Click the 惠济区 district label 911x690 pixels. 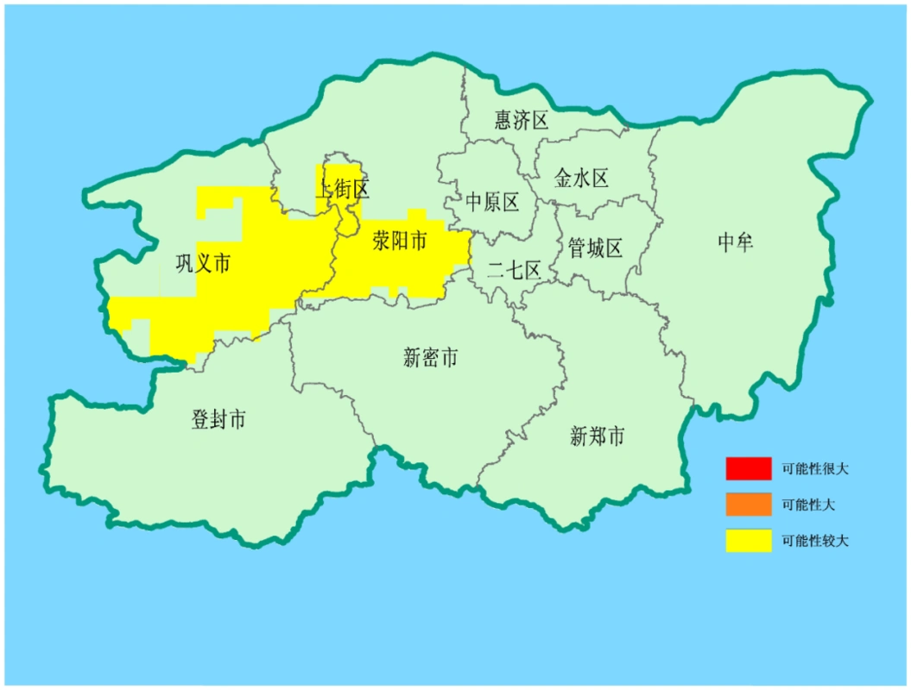[522, 120]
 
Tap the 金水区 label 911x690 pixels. [581, 179]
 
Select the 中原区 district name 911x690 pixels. [492, 203]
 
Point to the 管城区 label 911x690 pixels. [595, 248]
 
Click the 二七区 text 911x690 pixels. [514, 270]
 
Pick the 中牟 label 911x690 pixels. [735, 242]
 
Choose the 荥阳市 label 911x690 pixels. [400, 241]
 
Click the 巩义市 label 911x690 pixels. [203, 264]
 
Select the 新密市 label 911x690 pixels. [430, 357]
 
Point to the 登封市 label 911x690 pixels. [218, 420]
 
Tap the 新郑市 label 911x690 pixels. [597, 437]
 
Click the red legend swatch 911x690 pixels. [748, 469]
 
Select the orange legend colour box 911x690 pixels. [748, 505]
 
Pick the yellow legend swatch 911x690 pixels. [748, 541]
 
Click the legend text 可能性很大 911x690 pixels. [815, 470]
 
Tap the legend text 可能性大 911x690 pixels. [808, 505]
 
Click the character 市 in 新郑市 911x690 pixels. [615, 437]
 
